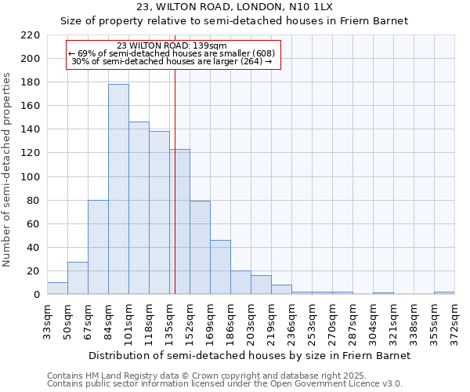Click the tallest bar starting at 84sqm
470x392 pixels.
pos(118,189)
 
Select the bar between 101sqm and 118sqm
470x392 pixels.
pos(139,208)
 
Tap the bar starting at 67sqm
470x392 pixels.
pos(98,247)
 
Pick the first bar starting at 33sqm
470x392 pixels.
pos(57,288)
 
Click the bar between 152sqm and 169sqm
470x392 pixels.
pos(200,248)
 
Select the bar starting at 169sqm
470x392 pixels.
pos(220,267)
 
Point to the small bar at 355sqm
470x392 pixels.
pos(444,292)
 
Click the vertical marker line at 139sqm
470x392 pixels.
pos(175,180)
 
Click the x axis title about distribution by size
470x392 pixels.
pos(249,355)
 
